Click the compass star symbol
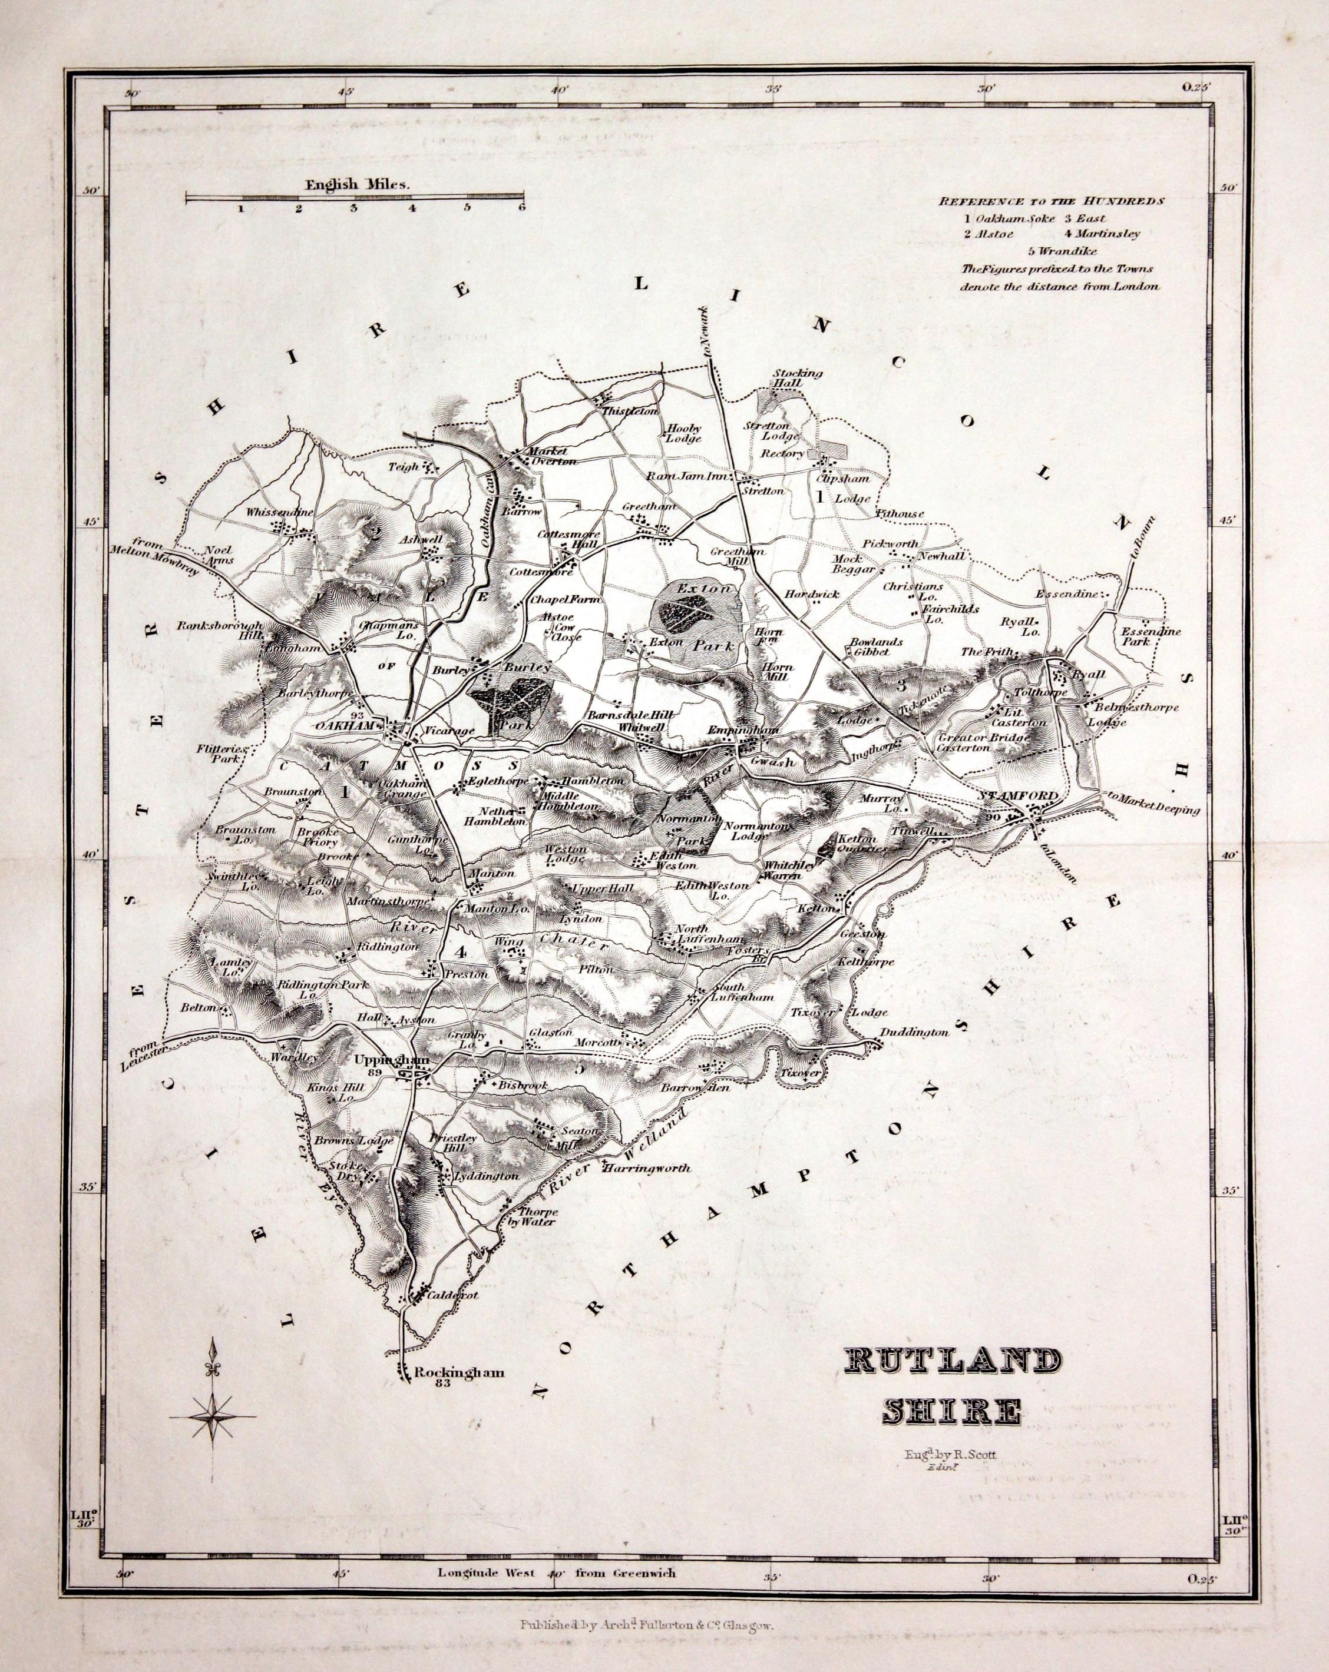[212, 1415]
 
